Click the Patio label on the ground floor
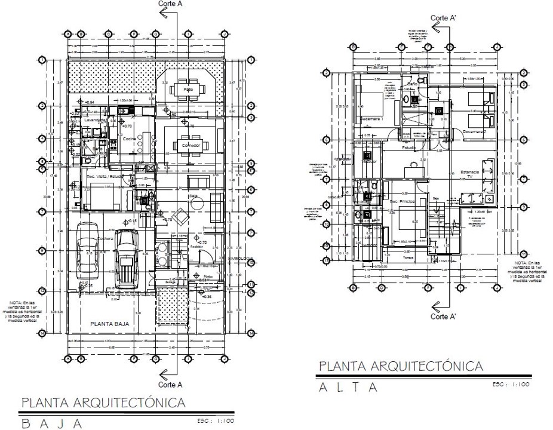tap(188, 90)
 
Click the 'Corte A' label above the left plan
tap(170, 4)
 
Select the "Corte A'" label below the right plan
tap(443, 317)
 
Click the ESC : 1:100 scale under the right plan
tap(511, 384)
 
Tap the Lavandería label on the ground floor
tap(94, 120)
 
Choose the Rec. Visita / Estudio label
tap(105, 177)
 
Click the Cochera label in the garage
tap(106, 239)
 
